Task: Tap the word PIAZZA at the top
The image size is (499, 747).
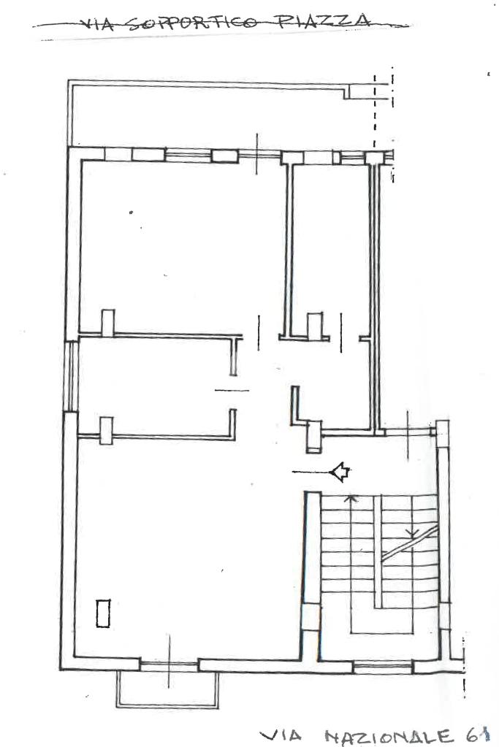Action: click(324, 20)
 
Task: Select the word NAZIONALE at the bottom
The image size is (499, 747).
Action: click(389, 736)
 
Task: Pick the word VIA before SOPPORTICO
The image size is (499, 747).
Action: click(98, 24)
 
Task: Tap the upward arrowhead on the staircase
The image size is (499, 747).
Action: click(351, 498)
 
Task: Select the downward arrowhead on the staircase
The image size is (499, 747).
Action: click(413, 532)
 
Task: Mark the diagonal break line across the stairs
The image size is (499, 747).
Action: click(410, 543)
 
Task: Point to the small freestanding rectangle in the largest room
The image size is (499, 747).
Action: click(104, 613)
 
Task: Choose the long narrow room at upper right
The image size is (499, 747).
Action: click(331, 248)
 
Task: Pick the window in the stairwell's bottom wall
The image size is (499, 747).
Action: click(382, 667)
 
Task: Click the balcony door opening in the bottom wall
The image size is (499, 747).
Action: click(169, 665)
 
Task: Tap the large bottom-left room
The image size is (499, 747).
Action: click(186, 548)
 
